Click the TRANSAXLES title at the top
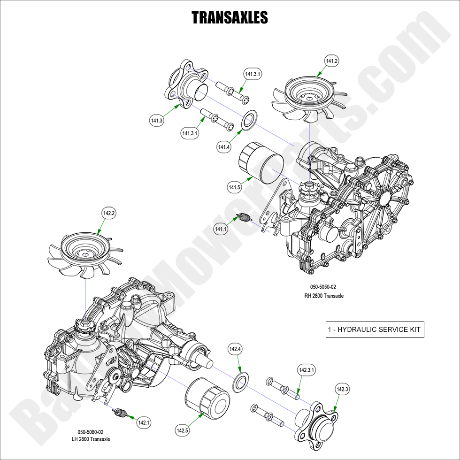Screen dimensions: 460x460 [x=230, y=18]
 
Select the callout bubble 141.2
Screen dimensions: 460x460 [x=332, y=61]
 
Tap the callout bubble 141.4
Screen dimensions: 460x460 [x=224, y=147]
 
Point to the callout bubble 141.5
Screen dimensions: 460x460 [x=235, y=188]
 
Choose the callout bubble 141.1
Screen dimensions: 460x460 [x=220, y=229]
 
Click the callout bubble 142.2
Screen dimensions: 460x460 [x=109, y=214]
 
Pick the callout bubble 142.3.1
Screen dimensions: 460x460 [x=307, y=370]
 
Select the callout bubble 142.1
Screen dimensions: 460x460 [x=144, y=422]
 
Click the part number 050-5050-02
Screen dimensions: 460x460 [x=323, y=287]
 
